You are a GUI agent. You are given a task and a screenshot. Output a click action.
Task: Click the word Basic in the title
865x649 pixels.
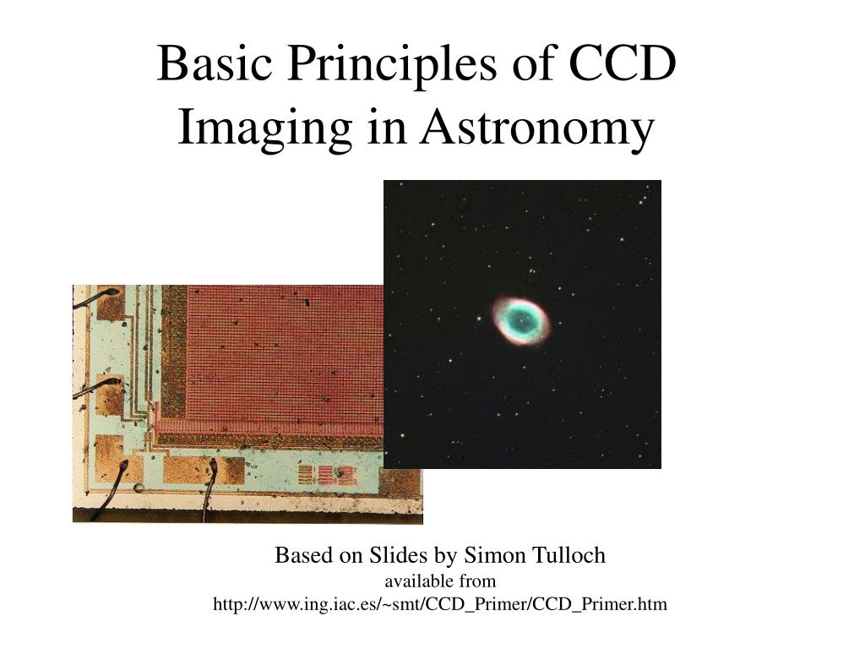click(x=208, y=63)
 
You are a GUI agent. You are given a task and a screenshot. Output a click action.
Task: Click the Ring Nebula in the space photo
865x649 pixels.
click(x=521, y=321)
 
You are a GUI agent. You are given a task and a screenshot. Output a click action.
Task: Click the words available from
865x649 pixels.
click(x=440, y=581)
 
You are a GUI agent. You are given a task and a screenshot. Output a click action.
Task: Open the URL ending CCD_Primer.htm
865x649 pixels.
click(x=440, y=604)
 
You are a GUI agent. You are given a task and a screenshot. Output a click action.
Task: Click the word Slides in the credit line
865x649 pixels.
click(x=399, y=555)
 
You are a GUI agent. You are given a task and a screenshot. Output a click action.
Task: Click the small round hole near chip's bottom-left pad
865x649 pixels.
click(x=138, y=488)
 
